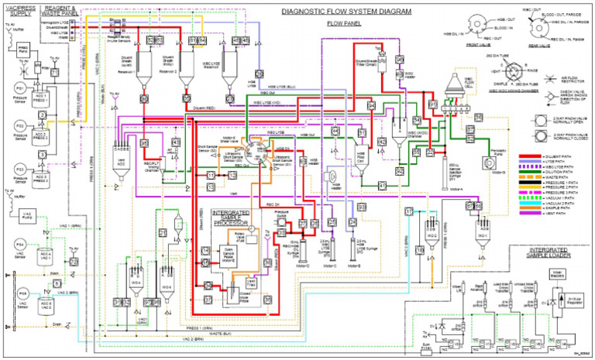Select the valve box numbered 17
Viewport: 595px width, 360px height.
409,211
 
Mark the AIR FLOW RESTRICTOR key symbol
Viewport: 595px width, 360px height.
530,78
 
